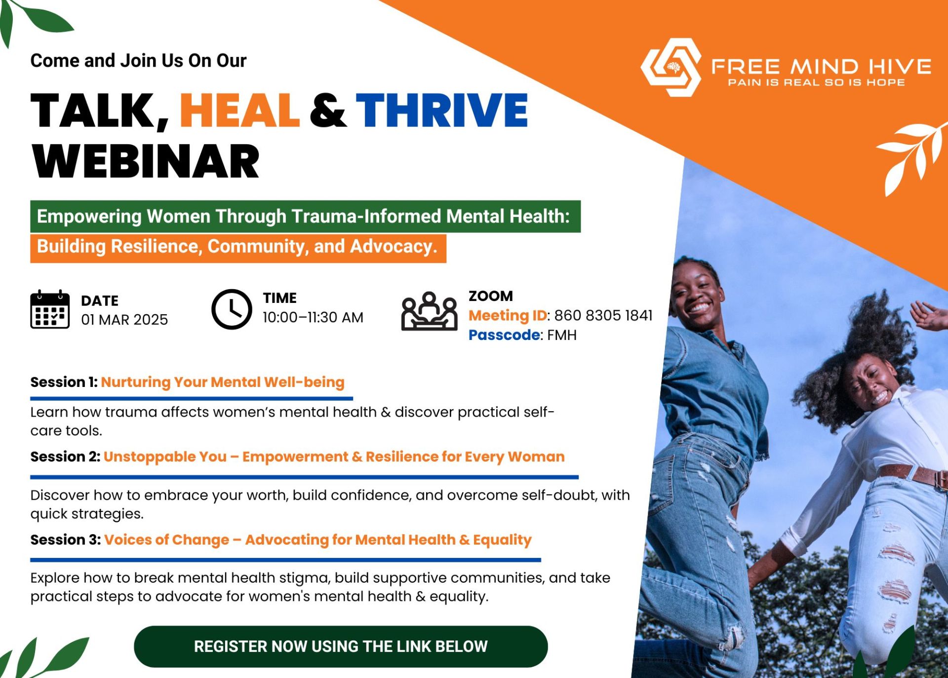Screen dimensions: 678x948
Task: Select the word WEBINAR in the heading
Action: coord(146,162)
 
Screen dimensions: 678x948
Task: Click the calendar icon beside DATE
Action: coord(49,310)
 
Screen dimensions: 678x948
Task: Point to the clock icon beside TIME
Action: coord(232,309)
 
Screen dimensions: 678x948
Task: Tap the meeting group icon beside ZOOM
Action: coord(429,311)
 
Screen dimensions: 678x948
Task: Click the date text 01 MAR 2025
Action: coord(124,320)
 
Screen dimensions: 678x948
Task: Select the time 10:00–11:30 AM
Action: coord(313,317)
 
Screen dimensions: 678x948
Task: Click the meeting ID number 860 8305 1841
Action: coord(603,315)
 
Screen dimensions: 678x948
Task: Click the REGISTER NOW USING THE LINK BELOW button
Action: coord(341,646)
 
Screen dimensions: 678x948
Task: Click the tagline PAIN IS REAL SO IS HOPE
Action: coord(816,83)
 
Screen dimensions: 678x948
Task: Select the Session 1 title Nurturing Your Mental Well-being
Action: coord(223,382)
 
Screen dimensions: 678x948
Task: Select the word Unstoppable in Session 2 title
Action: coord(165,457)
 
